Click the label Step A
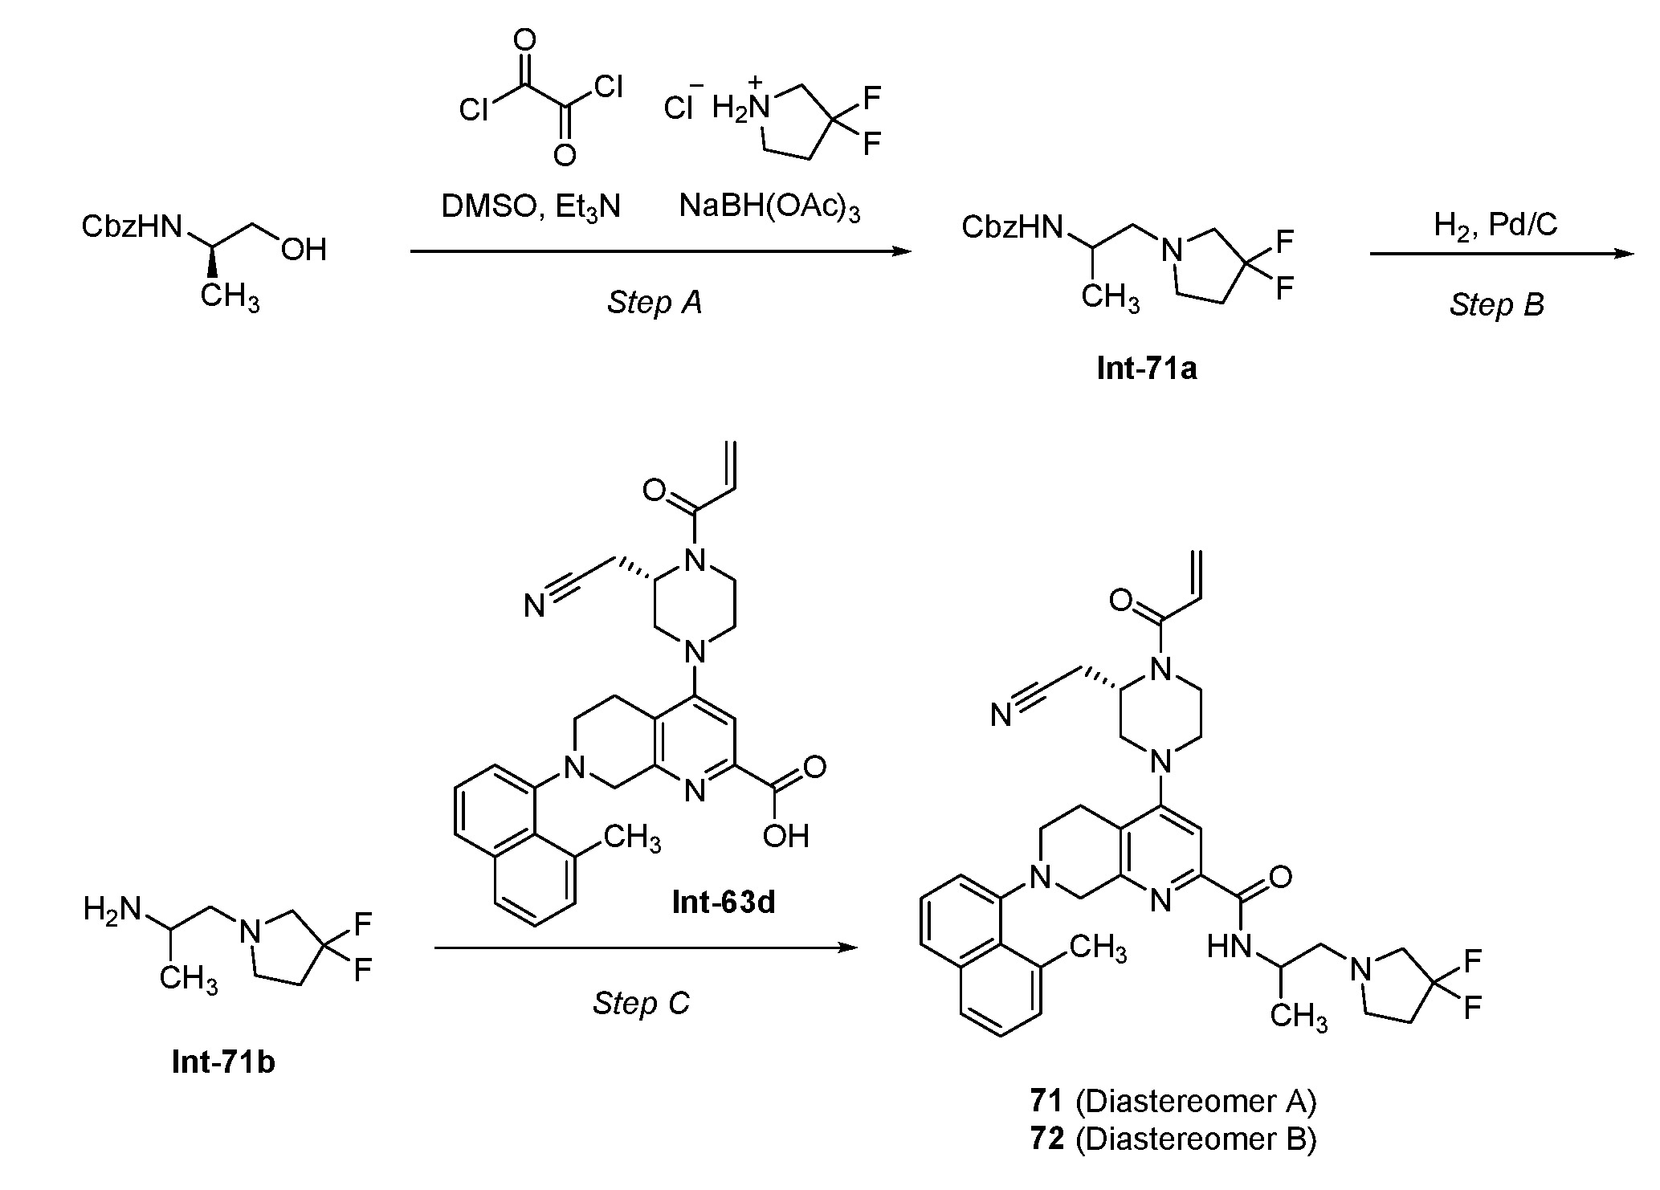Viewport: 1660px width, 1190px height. click(655, 303)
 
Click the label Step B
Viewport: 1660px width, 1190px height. click(1497, 305)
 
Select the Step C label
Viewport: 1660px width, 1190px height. click(642, 1003)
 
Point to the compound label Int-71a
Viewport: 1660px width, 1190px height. click(1147, 368)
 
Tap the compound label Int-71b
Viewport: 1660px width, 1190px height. click(223, 1062)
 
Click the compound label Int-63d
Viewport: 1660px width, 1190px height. click(724, 903)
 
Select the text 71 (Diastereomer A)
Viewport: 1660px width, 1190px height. click(1173, 1102)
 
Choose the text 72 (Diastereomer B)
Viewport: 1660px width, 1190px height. click(1173, 1139)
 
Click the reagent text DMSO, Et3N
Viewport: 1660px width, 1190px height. click(532, 207)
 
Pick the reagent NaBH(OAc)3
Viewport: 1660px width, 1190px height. click(770, 207)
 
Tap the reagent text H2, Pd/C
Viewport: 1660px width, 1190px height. click(1495, 226)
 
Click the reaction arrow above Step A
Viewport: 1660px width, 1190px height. click(661, 252)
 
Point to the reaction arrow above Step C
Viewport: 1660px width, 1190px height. click(646, 948)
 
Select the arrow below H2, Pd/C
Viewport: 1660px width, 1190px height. click(1503, 255)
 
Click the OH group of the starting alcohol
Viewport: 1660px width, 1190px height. click(304, 250)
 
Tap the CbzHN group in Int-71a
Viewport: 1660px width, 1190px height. click(1012, 228)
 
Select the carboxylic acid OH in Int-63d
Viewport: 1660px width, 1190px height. click(786, 836)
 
